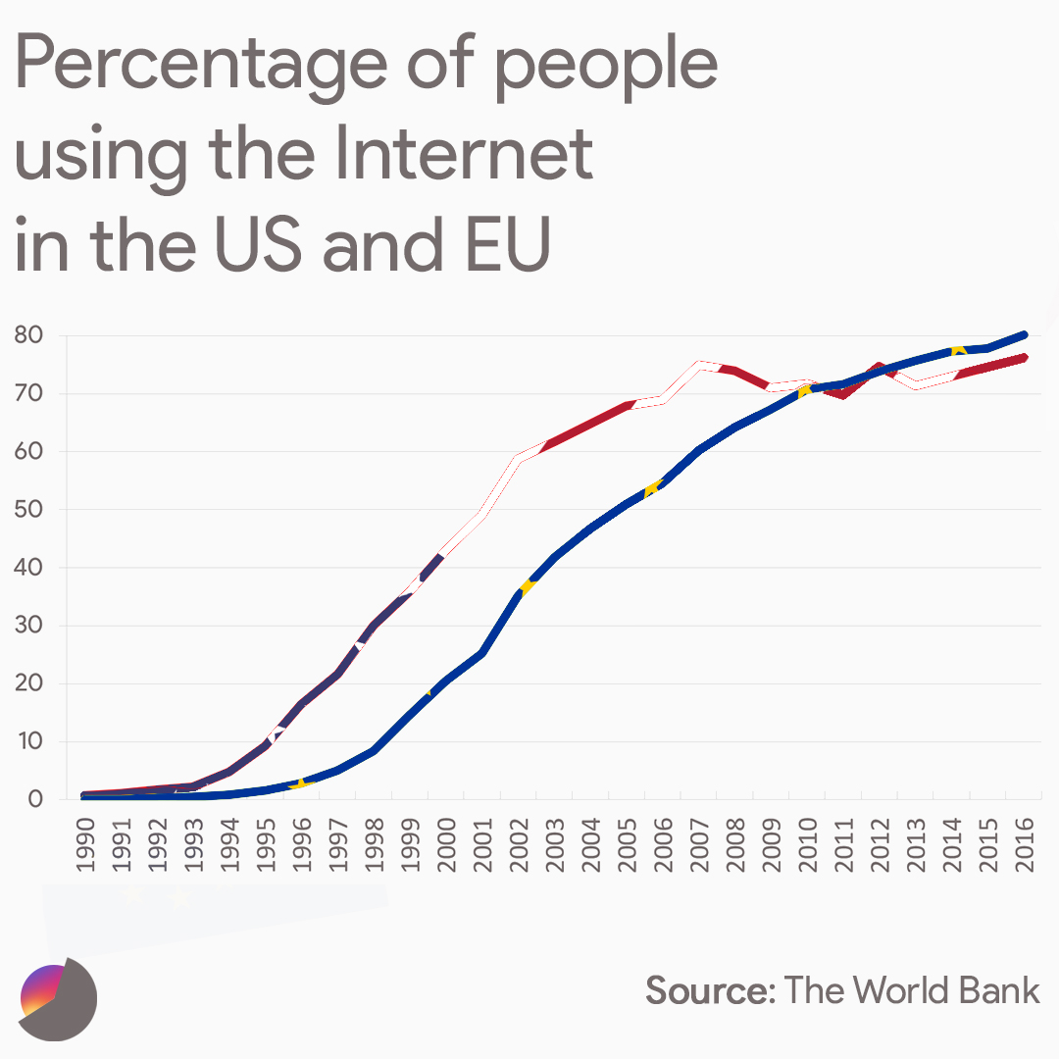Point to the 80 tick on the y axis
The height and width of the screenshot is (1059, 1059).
click(x=28, y=335)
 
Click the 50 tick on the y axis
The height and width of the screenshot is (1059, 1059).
click(x=28, y=510)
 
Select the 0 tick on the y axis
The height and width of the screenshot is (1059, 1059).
click(x=35, y=799)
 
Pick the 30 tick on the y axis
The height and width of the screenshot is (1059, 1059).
click(x=28, y=626)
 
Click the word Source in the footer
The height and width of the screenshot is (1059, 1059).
click(x=709, y=990)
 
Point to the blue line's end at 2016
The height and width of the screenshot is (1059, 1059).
click(x=1024, y=334)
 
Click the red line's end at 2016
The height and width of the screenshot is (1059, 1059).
click(x=1024, y=358)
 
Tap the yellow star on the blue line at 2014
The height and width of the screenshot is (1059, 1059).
click(x=958, y=349)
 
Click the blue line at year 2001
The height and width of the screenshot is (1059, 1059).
click(x=481, y=653)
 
